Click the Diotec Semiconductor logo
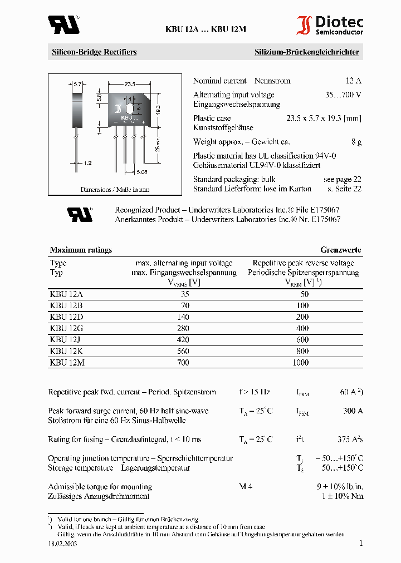tap(330, 26)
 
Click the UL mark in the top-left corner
tap(63, 24)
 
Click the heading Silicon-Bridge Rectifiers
tap(94, 52)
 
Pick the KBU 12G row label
tap(66, 328)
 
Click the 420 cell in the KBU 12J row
tap(183, 340)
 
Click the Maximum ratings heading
tap(81, 250)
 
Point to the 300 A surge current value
tap(353, 411)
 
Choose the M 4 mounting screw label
tap(246, 486)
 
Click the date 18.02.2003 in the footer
tap(62, 544)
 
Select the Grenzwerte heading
tap(340, 250)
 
